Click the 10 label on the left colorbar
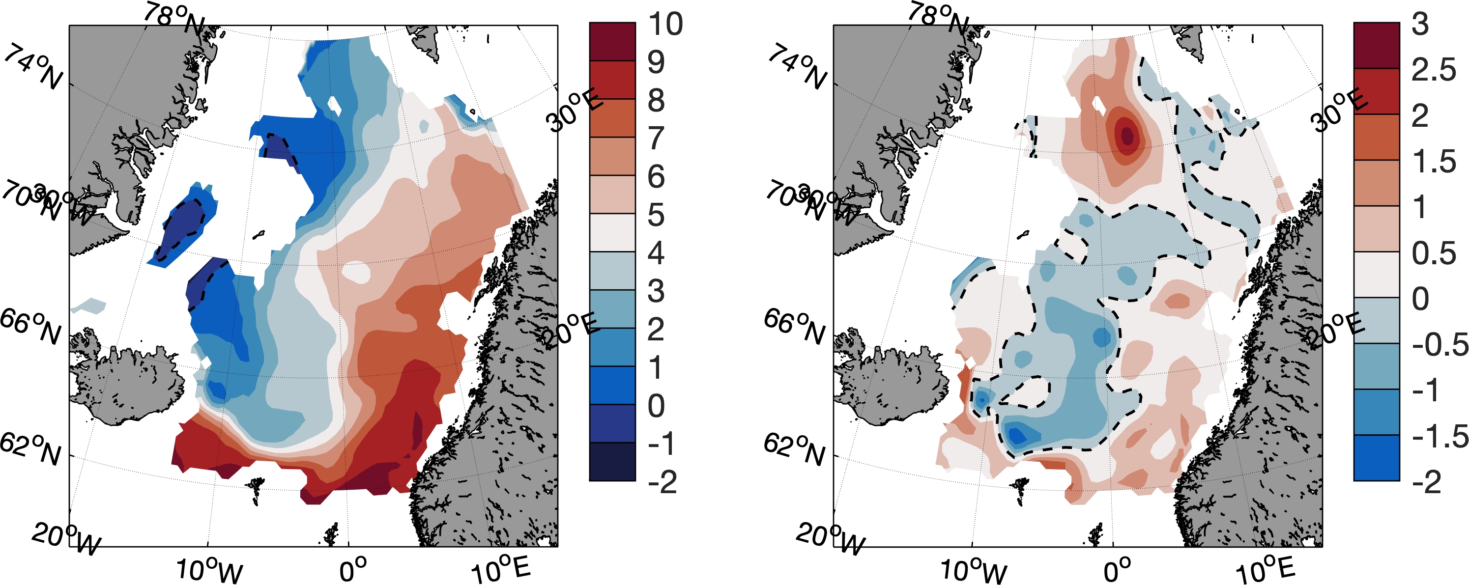(x=665, y=24)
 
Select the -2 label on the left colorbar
(x=662, y=482)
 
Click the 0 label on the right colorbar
(x=1420, y=299)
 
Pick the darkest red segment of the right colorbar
(x=1376, y=45)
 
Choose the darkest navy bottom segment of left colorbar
(x=612, y=462)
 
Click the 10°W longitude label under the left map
(x=209, y=570)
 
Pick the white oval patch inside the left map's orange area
(x=356, y=273)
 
